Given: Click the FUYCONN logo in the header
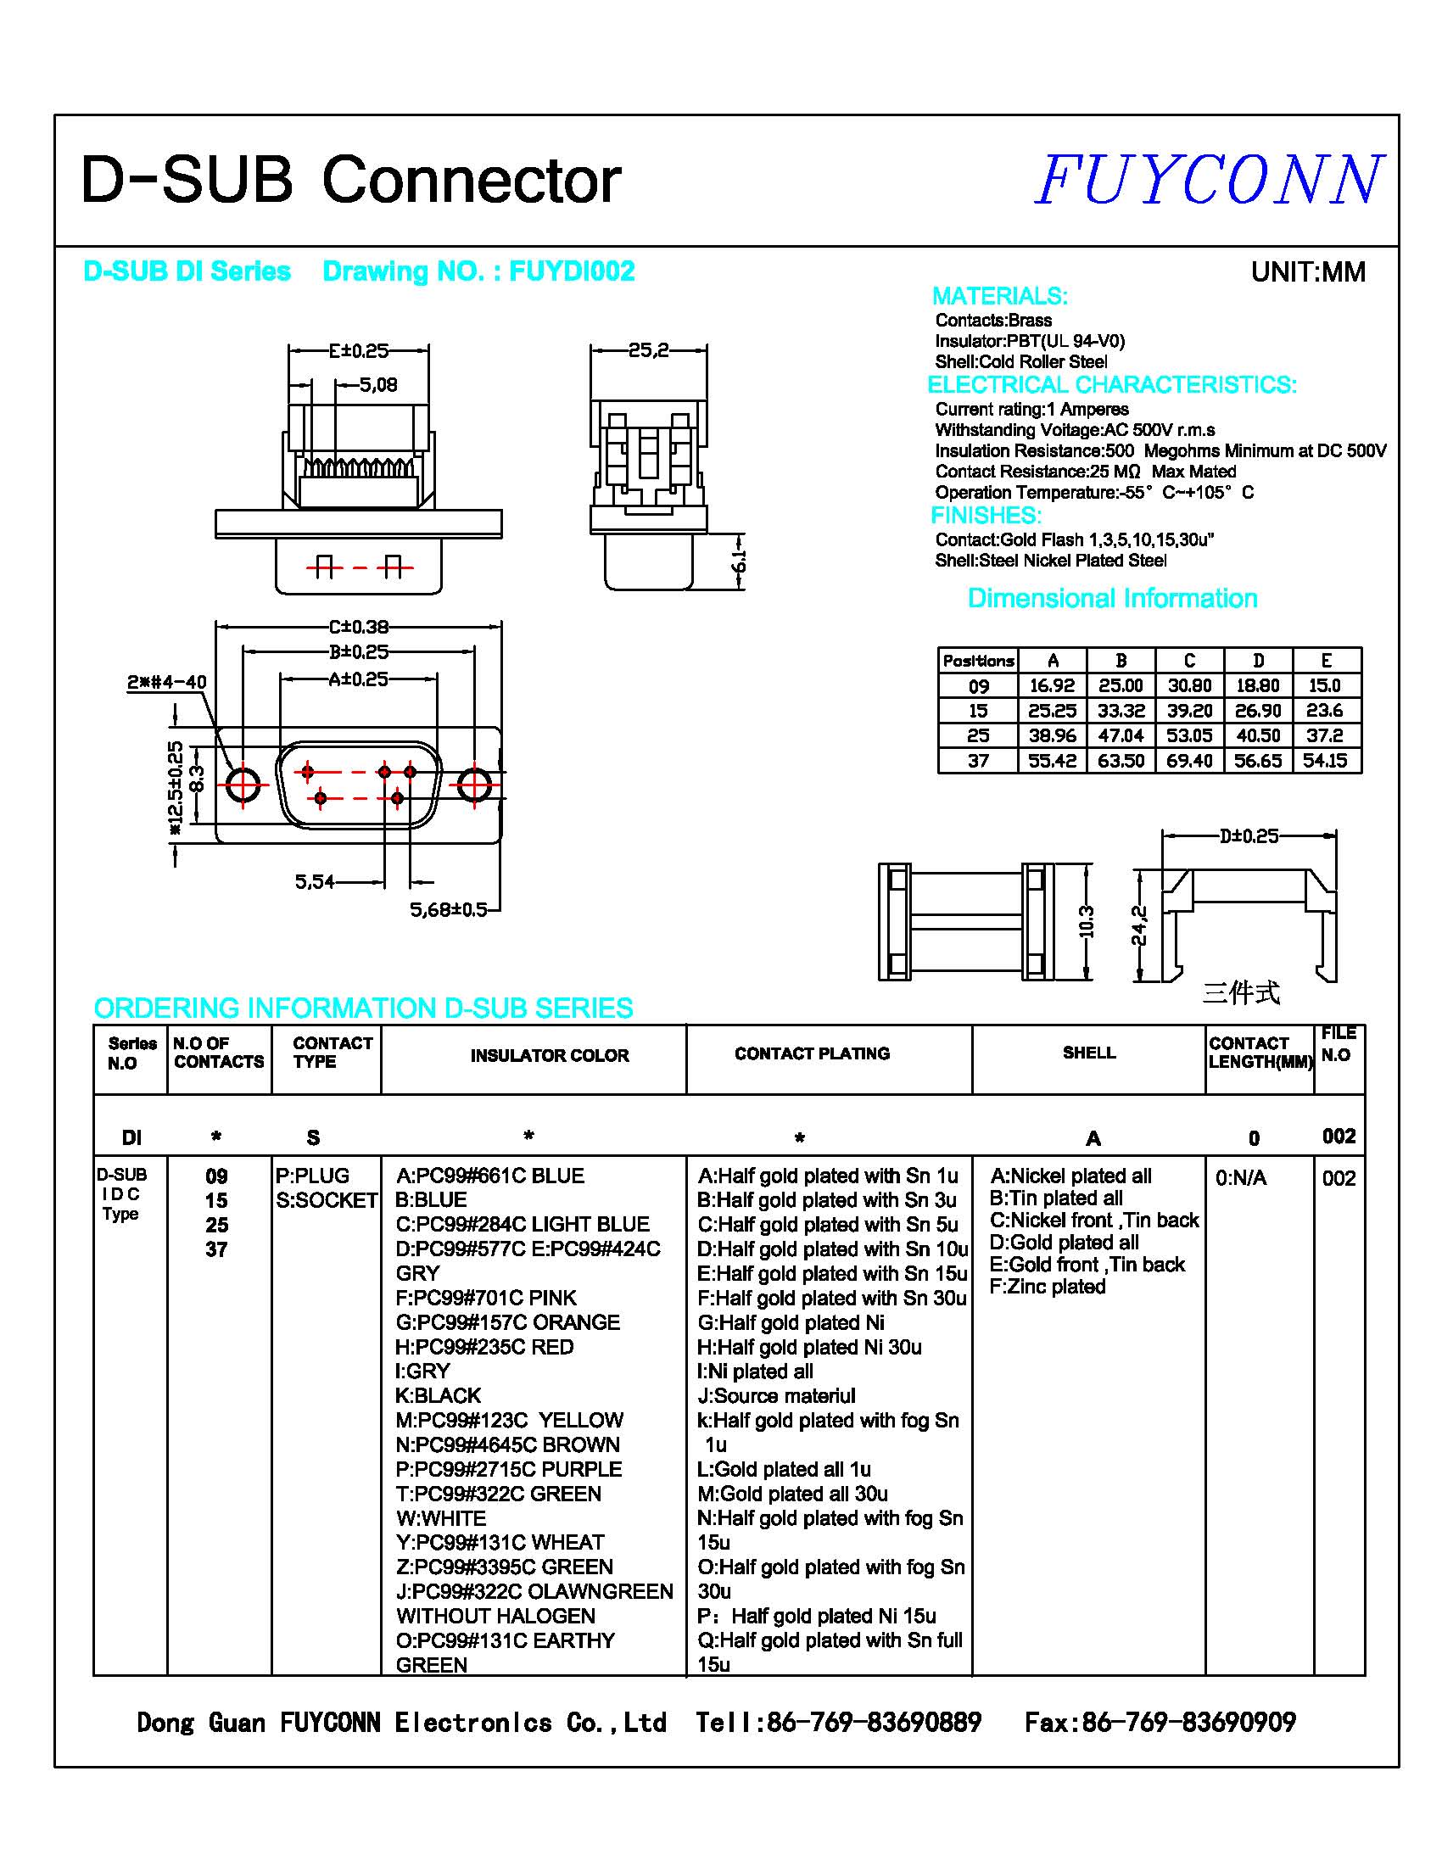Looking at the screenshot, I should [1209, 181].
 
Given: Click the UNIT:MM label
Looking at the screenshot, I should [1307, 272].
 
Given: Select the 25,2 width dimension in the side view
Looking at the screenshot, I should [647, 349].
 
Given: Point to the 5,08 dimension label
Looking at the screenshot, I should [377, 385].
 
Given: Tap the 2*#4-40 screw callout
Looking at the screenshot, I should [166, 682].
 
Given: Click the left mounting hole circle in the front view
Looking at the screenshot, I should [243, 784].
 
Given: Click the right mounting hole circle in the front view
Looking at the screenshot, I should [475, 785].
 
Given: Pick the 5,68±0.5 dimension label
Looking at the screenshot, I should [449, 909].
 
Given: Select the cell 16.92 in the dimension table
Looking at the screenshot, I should [1052, 686].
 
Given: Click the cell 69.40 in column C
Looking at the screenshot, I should [1189, 761].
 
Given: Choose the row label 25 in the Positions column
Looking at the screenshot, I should [978, 735].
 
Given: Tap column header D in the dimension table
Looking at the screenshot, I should [1257, 661].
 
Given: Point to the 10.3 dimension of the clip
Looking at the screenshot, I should [1086, 921].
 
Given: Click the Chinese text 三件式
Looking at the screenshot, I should [1240, 993].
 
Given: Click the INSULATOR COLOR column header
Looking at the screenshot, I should [550, 1056].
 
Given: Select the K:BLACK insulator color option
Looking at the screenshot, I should [439, 1396].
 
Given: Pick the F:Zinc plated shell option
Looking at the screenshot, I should [1048, 1287].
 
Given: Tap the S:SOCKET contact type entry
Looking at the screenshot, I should [327, 1200].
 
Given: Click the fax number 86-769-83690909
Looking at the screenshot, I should [1188, 1723].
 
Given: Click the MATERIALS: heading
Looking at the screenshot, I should [999, 297].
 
